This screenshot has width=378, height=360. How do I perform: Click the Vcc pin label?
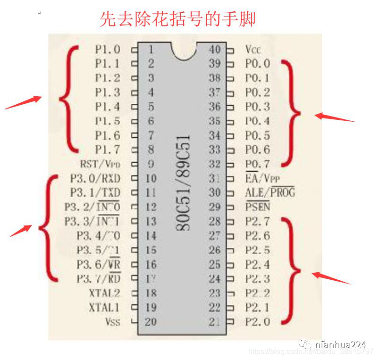pos(253,49)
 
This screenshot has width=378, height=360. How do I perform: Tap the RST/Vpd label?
pos(101,164)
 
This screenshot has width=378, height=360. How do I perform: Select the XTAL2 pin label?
pos(104,293)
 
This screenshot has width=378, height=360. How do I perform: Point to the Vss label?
pos(112,322)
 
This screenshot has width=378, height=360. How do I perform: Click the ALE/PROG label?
pos(270,193)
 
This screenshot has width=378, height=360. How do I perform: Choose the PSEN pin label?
pos(258,207)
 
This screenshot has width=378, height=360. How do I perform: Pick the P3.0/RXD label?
pos(94,178)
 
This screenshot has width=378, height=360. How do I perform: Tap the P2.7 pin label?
pos(258,221)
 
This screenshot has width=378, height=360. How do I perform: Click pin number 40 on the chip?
pos(215,49)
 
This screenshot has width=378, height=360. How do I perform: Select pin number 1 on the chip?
pos(151,49)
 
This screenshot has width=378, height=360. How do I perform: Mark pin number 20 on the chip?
pos(151,322)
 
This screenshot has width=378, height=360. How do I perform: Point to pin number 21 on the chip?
pos(215,322)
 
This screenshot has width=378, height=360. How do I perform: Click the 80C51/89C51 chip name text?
pos(183,184)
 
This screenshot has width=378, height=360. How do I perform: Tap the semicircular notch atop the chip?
pos(183,51)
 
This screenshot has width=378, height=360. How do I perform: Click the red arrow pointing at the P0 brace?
pos(335,117)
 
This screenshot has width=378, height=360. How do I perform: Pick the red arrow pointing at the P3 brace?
pos(21,230)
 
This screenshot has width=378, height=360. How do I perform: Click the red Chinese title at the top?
pos(177,19)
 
